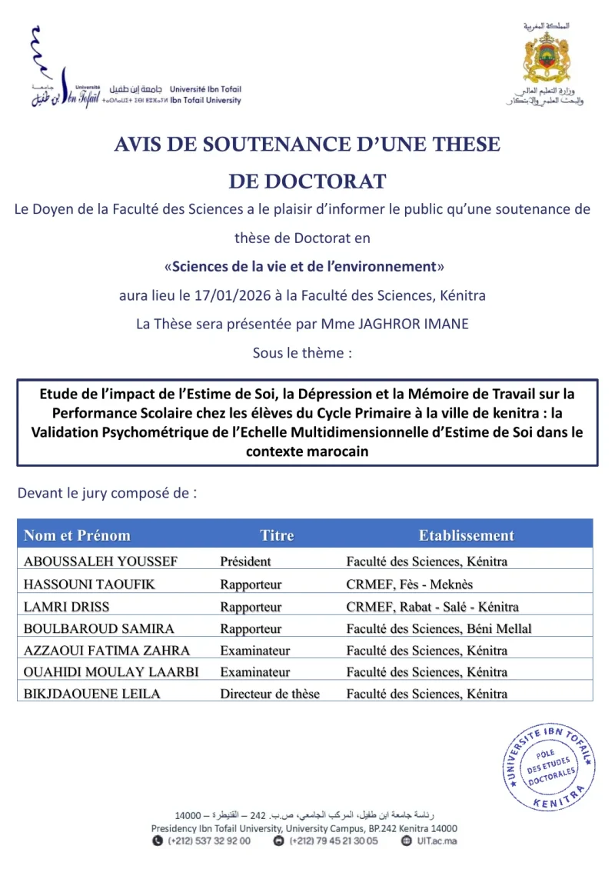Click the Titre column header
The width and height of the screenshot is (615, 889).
(277, 535)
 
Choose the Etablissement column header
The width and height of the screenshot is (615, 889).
(466, 535)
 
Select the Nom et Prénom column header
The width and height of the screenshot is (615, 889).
(77, 535)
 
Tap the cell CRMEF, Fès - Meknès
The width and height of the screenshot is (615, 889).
(410, 584)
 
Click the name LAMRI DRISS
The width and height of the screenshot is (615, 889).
(67, 607)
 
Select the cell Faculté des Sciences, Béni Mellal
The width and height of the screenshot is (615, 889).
(439, 629)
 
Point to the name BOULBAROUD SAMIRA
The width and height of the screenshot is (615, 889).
(99, 629)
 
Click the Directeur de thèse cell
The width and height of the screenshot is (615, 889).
(270, 694)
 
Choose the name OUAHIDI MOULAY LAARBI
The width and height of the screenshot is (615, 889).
(111, 672)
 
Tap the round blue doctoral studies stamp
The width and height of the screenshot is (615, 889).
(549, 767)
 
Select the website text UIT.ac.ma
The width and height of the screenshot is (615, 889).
(440, 841)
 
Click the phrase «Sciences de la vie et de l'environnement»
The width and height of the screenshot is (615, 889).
(304, 267)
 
